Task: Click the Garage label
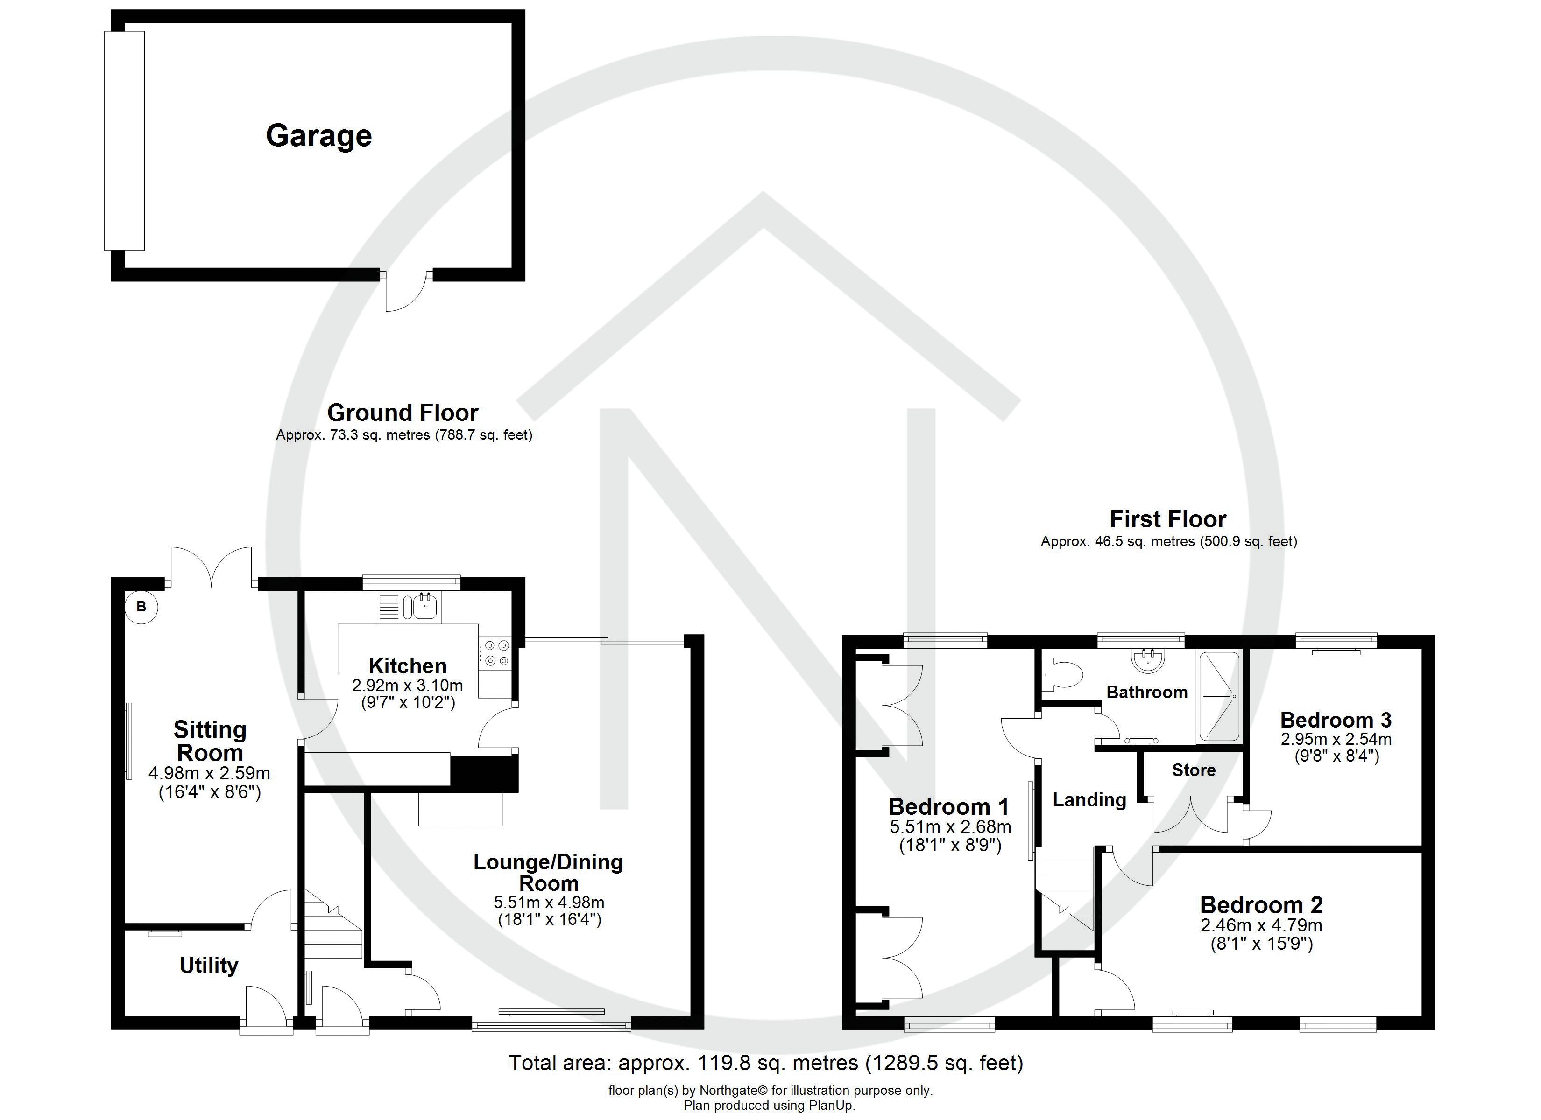[x=318, y=136]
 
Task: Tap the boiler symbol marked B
[x=141, y=607]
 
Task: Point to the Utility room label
[x=209, y=965]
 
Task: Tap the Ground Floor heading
[x=403, y=412]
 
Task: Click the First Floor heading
[x=1168, y=519]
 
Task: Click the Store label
[x=1194, y=770]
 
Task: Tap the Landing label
[x=1089, y=800]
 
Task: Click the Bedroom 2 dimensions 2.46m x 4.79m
[x=1261, y=925]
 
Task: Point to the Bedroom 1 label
[x=949, y=806]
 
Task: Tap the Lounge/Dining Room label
[x=548, y=872]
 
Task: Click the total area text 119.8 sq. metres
[x=766, y=1062]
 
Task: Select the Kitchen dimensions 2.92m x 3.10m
[x=408, y=686]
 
